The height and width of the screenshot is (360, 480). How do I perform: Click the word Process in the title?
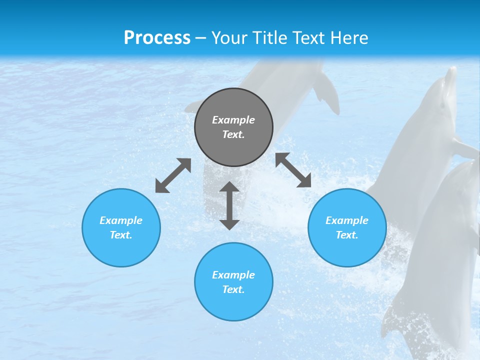point(157,38)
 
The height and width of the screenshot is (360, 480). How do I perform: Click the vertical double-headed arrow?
point(229,205)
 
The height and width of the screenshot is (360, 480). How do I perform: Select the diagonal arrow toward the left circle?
point(173,175)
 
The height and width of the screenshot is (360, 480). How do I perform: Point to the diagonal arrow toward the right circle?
point(293,170)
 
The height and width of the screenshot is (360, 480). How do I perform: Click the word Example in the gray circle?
point(233,120)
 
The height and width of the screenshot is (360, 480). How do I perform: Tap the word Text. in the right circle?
point(347,235)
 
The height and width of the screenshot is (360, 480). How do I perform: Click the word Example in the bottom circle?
point(233,275)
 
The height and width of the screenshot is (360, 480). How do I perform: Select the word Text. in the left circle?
point(121,235)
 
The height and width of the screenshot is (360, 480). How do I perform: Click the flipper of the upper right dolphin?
point(465,148)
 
